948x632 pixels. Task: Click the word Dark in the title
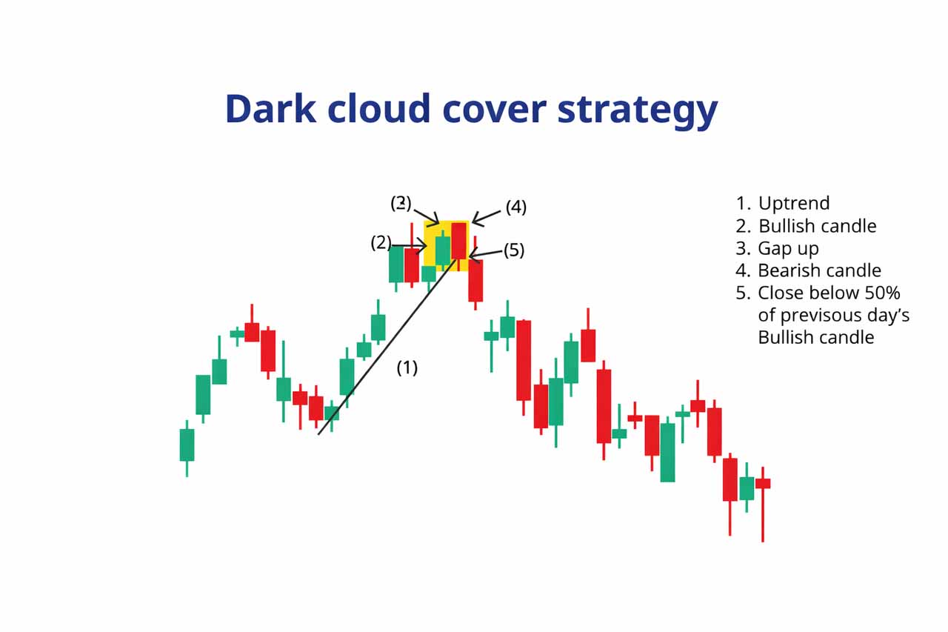point(271,109)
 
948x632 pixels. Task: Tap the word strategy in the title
point(638,110)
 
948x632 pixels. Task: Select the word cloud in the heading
point(379,109)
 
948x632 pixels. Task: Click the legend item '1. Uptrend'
point(783,203)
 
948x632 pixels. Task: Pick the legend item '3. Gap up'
point(777,248)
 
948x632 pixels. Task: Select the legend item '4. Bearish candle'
point(808,270)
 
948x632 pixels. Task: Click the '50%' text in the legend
point(882,293)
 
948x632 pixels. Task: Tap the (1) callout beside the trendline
point(407,367)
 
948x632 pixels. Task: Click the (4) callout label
point(516,207)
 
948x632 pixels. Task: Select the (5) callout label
point(514,250)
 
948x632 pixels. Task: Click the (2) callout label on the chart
point(381,243)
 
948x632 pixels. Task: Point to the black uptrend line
point(387,347)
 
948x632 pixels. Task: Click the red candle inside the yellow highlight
point(458,241)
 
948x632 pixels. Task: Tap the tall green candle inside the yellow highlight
point(443,250)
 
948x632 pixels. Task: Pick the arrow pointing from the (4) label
point(487,218)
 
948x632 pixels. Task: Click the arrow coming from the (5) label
point(485,254)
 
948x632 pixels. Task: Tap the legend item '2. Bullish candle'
point(806,226)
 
